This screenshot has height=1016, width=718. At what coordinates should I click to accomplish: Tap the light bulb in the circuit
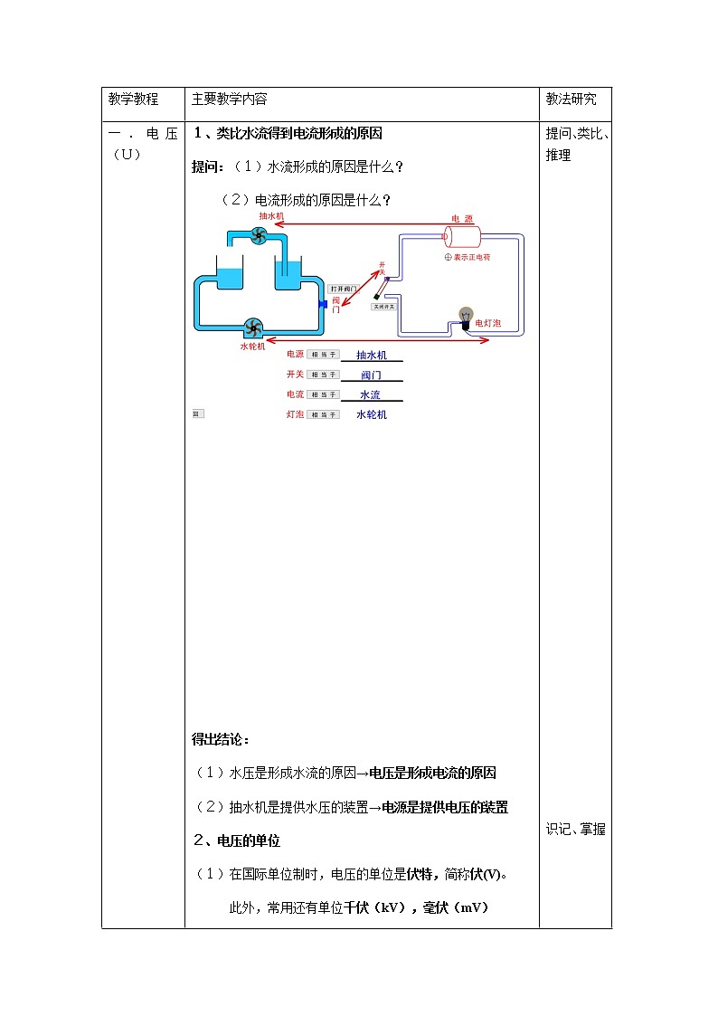click(x=467, y=316)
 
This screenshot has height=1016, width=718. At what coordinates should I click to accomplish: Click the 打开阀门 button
click(x=344, y=289)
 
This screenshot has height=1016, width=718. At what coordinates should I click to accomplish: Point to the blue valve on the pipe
click(x=323, y=304)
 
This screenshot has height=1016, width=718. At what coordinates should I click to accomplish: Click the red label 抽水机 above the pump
click(x=271, y=217)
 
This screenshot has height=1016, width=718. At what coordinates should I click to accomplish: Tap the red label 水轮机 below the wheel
click(x=252, y=345)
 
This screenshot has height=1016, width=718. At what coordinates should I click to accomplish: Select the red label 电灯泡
click(x=488, y=323)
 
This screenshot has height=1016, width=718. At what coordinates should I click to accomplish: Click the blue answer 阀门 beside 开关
click(x=371, y=375)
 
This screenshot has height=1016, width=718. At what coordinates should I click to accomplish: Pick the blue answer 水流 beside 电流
click(x=371, y=394)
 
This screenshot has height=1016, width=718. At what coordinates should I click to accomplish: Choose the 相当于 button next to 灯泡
click(x=323, y=414)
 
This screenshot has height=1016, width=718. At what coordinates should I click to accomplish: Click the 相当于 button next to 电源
click(x=323, y=355)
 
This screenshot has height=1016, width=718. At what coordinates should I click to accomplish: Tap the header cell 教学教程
click(x=133, y=100)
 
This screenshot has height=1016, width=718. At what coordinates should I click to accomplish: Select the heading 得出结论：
click(x=222, y=739)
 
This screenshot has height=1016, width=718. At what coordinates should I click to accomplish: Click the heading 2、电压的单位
click(x=237, y=840)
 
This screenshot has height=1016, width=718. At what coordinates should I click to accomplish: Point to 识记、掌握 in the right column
click(x=576, y=829)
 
